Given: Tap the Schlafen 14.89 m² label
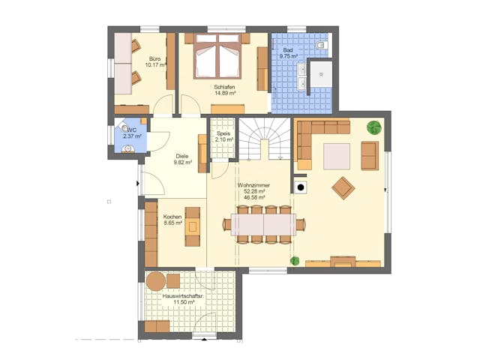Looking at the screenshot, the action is tap(225, 90).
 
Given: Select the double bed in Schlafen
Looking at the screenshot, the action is tap(217, 55).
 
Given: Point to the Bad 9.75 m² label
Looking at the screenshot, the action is tap(288, 53).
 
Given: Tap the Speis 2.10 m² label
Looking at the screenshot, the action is tap(223, 136).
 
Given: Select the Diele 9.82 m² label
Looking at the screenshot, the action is tap(182, 160).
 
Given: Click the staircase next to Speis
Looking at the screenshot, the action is tap(265, 139).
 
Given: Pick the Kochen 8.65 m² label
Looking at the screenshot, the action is tap(173, 220).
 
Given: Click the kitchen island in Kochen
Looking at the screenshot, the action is tap(193, 226).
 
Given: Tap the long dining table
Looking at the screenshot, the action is tap(263, 224).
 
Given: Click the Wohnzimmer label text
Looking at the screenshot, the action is tap(253, 185).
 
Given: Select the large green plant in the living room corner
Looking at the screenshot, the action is tap(374, 127).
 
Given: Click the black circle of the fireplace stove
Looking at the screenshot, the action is tap(301, 187).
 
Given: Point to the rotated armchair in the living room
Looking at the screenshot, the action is tap(343, 188).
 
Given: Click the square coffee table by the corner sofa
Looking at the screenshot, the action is tap(337, 156).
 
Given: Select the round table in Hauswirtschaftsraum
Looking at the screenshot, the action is tap(156, 281).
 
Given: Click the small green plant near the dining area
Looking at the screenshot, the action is tap(295, 261).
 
